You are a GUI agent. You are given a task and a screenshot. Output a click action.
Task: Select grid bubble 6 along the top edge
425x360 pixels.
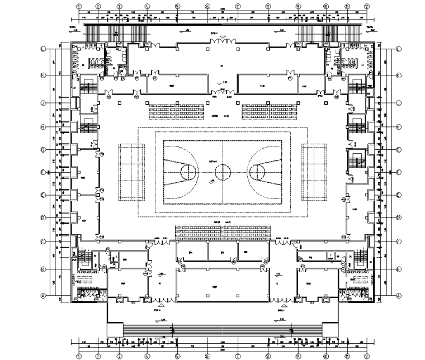(x=207, y=6)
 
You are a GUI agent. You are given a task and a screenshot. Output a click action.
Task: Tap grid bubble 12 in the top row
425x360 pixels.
(x=367, y=6)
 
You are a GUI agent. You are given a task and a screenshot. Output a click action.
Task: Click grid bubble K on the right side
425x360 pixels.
(x=399, y=75)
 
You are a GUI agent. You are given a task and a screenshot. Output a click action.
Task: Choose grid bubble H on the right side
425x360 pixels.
(x=399, y=127)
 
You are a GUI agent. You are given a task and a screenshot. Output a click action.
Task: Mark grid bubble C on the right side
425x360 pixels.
(x=399, y=241)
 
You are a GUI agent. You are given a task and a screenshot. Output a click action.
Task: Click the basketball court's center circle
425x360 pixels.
(x=223, y=171)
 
